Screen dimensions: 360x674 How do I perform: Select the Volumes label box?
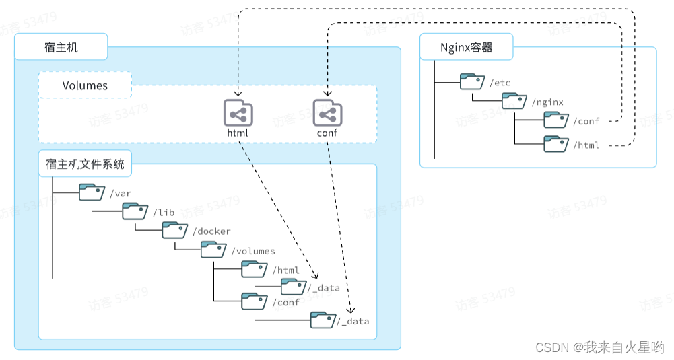pyautogui.click(x=85, y=85)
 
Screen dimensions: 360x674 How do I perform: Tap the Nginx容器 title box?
pyautogui.click(x=466, y=47)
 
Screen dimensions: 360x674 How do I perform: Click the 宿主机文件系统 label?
pyautogui.click(x=85, y=164)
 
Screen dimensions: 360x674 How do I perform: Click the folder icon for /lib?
pyautogui.click(x=135, y=211)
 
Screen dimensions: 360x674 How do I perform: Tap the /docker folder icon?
pyautogui.click(x=174, y=230)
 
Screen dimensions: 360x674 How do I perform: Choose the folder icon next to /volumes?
pyautogui.click(x=213, y=250)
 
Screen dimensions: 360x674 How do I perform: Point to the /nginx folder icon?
pyautogui.click(x=514, y=101)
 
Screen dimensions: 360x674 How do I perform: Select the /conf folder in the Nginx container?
pyautogui.click(x=556, y=120)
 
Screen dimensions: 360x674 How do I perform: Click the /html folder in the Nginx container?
pyautogui.click(x=556, y=143)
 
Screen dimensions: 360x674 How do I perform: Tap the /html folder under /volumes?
pyautogui.click(x=255, y=269)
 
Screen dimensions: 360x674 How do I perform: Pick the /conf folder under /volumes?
pyautogui.click(x=255, y=301)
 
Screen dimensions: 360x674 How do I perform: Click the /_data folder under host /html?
pyautogui.click(x=294, y=287)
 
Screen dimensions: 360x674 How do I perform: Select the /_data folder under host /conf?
pyautogui.click(x=323, y=320)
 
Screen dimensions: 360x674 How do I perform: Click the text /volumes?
pyautogui.click(x=253, y=251)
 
